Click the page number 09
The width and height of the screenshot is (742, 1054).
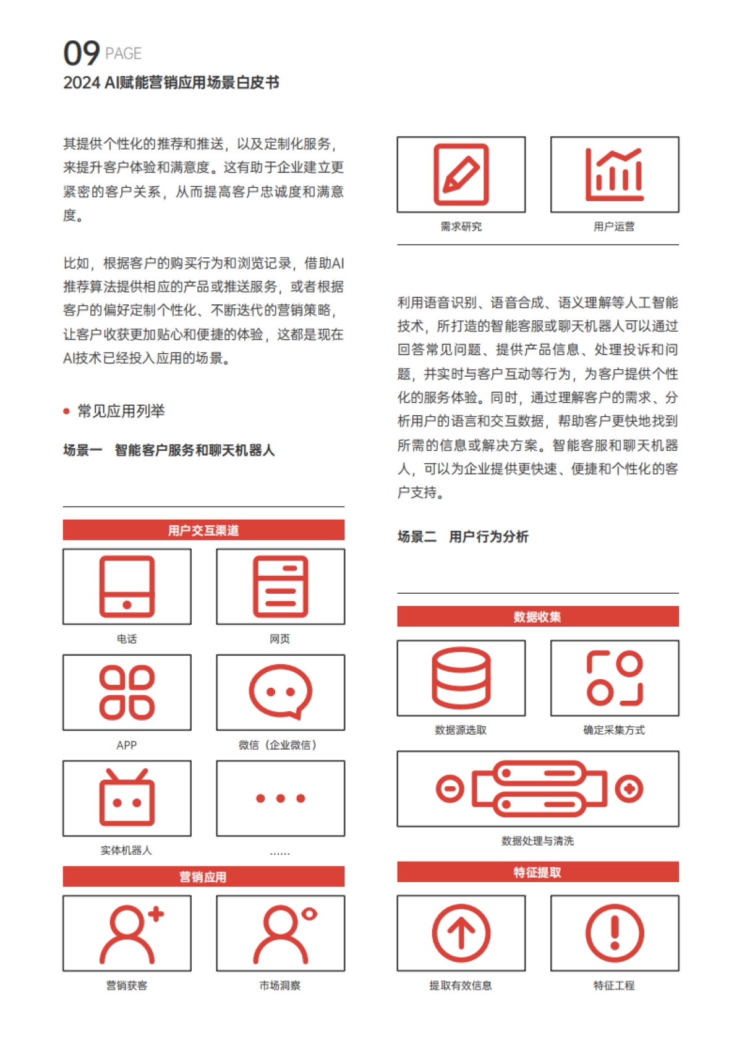(x=81, y=53)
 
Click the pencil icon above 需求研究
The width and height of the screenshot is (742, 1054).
(x=461, y=174)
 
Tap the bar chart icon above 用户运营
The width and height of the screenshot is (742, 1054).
(x=615, y=174)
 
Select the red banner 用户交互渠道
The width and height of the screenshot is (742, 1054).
(x=203, y=530)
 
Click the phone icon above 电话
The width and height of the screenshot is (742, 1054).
(x=127, y=586)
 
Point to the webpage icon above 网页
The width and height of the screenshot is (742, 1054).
(x=280, y=586)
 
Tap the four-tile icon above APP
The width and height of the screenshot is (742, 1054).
(x=127, y=692)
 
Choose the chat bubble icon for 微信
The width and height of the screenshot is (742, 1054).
(x=280, y=692)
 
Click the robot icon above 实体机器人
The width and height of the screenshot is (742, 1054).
(x=127, y=798)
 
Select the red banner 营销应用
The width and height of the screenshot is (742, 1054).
(x=203, y=876)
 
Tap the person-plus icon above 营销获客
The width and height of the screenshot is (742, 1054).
(x=130, y=933)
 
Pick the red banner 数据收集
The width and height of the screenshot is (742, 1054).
(x=537, y=617)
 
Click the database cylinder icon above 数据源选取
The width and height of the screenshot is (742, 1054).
(x=461, y=678)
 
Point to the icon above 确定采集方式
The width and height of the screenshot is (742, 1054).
(x=615, y=678)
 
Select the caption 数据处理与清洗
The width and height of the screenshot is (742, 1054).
(x=537, y=841)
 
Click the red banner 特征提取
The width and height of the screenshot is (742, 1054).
(x=537, y=872)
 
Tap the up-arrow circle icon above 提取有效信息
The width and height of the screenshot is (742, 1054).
(x=461, y=933)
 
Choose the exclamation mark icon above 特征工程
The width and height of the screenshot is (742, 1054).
(x=615, y=933)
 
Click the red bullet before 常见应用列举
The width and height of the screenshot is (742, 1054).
(x=67, y=411)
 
